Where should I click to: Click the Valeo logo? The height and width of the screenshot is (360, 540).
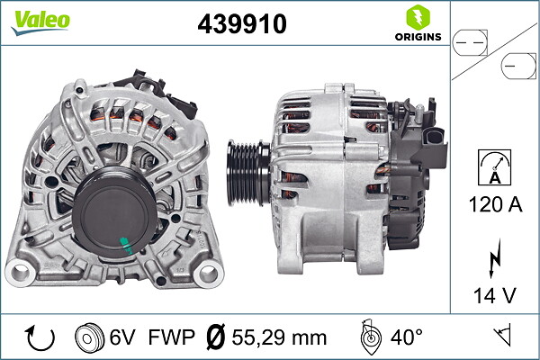click(40, 22)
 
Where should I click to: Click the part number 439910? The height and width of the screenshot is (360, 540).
click(242, 23)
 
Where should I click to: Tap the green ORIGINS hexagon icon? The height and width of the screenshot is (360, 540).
click(418, 17)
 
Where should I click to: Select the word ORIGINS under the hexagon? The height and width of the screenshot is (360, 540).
click(418, 37)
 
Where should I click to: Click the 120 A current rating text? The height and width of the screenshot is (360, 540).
click(495, 204)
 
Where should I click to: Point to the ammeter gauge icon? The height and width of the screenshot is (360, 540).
click(494, 167)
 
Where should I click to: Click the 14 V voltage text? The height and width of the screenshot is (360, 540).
click(494, 295)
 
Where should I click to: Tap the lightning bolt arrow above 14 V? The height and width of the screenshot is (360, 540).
click(494, 259)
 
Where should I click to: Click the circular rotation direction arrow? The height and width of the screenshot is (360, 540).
click(40, 337)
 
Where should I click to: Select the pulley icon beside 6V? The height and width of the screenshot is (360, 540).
click(89, 337)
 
